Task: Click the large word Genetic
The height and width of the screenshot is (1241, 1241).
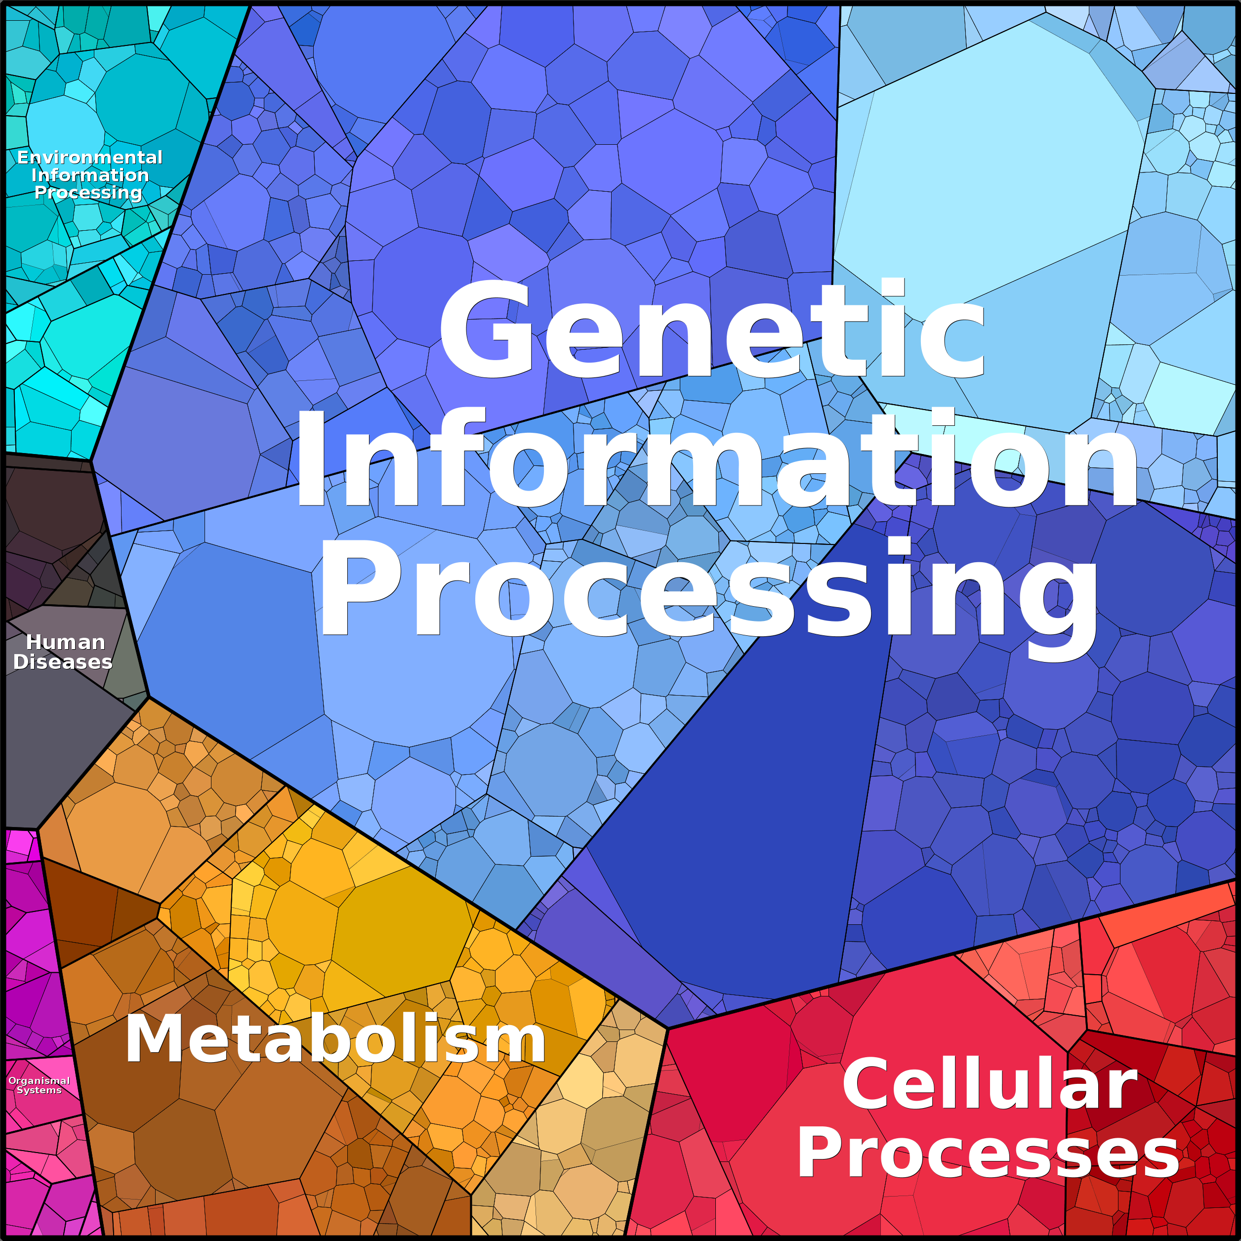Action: pos(712,331)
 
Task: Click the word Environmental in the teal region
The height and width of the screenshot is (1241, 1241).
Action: pos(90,158)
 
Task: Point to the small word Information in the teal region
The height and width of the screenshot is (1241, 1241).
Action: pos(90,175)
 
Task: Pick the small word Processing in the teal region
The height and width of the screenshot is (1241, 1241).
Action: pos(88,192)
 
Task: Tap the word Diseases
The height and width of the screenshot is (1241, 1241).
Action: pos(63,662)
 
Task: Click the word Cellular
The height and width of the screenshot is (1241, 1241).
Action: pos(989,1084)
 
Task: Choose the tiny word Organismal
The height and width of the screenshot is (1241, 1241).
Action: pos(39,1080)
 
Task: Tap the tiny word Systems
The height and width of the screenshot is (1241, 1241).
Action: pos(39,1090)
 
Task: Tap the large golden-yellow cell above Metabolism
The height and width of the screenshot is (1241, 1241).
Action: pos(402,931)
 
